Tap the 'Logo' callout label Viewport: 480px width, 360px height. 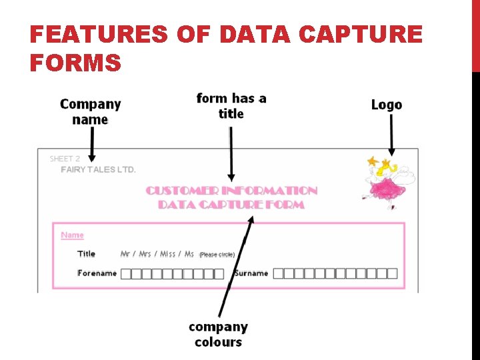point(387,105)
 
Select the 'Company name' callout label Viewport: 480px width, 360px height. point(90,112)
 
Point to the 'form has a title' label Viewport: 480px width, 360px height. point(231,106)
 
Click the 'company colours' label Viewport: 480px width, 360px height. point(218,335)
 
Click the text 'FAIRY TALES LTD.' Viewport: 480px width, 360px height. point(99,170)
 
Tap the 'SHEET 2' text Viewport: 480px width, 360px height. point(65,159)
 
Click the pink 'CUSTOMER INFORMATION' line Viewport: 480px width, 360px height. point(231,191)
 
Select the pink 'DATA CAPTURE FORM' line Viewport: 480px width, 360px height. point(231,205)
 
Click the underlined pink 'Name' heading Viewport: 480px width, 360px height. point(72,235)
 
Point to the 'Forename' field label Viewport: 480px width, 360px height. point(97,273)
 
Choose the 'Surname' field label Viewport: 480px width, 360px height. point(251,273)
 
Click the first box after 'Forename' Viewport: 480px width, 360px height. point(126,273)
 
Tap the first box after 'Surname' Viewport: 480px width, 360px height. point(279,273)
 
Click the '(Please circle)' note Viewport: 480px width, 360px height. point(217,255)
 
